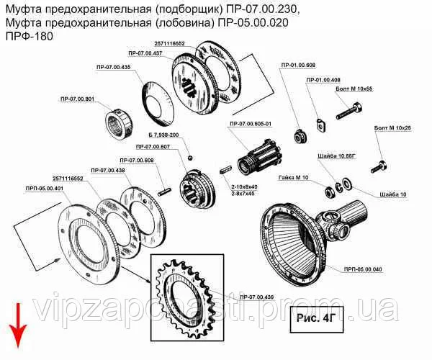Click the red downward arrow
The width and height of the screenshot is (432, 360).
coord(18,325)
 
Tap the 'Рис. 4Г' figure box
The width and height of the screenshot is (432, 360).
coord(317,319)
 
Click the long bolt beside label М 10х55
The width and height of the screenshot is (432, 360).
coord(348,111)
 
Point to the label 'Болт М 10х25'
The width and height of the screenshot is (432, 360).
coord(392,128)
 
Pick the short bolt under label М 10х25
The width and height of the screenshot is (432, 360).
coord(379,166)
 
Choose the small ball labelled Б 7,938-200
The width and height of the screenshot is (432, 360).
coord(190,158)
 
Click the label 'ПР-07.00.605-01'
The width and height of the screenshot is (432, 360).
coord(251,124)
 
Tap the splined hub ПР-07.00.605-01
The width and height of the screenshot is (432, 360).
coord(260,158)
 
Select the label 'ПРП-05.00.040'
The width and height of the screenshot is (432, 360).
coord(363,269)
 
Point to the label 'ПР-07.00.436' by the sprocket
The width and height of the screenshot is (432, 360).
coord(257,297)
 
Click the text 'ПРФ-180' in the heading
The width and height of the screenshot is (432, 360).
coord(30,36)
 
